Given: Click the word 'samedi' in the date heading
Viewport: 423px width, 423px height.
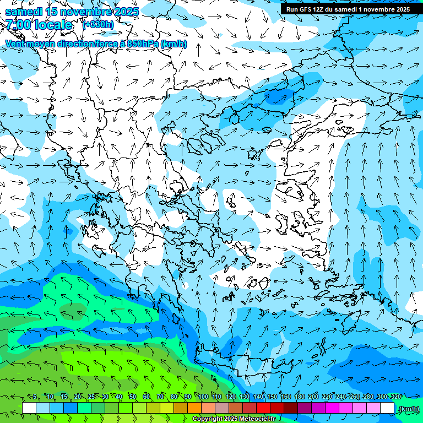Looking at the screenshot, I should tap(24, 11).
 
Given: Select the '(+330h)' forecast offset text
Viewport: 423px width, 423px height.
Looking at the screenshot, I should tap(98, 24).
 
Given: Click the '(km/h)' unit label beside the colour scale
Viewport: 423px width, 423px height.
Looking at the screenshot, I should tap(408, 408).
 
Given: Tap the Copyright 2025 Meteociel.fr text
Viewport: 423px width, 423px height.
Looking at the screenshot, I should tap(234, 419).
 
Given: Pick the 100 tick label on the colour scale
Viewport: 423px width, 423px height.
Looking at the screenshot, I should tap(203, 397).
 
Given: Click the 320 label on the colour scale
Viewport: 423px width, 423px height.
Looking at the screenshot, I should tap(395, 397).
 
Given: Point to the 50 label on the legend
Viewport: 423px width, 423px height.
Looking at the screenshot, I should tap(132, 397).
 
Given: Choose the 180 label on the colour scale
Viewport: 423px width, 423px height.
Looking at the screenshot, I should tap(299, 397).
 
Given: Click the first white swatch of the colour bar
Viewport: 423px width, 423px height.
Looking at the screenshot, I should tap(29, 408).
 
